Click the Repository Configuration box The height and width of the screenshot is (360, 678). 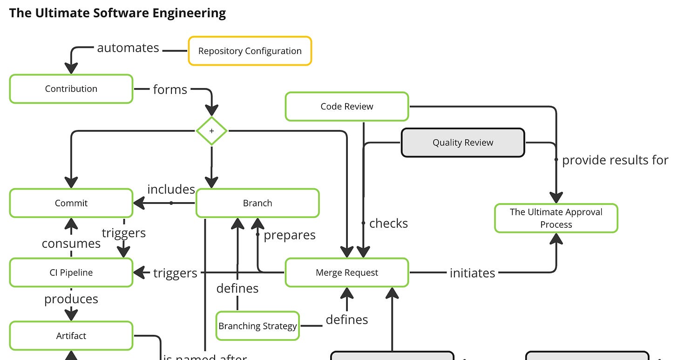pos(250,51)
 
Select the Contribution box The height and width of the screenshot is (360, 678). pos(71,88)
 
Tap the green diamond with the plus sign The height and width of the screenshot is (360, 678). pos(211,131)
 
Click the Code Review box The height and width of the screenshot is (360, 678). pos(347,106)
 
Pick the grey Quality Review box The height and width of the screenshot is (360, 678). pos(463,143)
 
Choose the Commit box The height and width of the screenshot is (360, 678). pos(71,203)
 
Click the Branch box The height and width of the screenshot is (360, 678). pos(258,203)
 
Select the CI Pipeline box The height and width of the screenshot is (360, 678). pos(71,272)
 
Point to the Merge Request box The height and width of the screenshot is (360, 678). pos(347,272)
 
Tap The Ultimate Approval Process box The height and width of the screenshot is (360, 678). pos(556,218)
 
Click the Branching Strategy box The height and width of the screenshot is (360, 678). pos(258,326)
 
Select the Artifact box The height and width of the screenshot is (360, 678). pos(71,336)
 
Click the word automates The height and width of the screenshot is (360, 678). pos(128,48)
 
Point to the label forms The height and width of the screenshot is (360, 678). pos(170,89)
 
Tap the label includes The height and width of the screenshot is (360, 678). pos(171,189)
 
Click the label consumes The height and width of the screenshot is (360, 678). pos(71,244)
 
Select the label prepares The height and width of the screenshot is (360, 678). pos(290,235)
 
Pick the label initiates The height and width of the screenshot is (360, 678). pos(472,273)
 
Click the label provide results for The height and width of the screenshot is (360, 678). pos(615,160)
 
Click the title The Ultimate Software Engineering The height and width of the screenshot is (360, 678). pos(117,13)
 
